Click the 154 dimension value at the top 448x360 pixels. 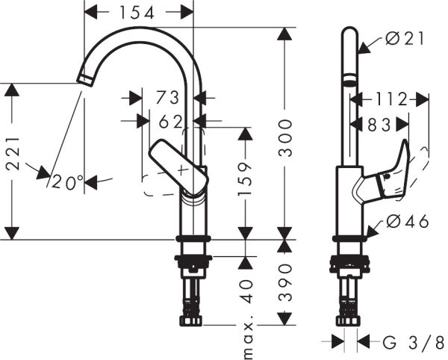[138, 12]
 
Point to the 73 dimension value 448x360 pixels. [168, 97]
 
